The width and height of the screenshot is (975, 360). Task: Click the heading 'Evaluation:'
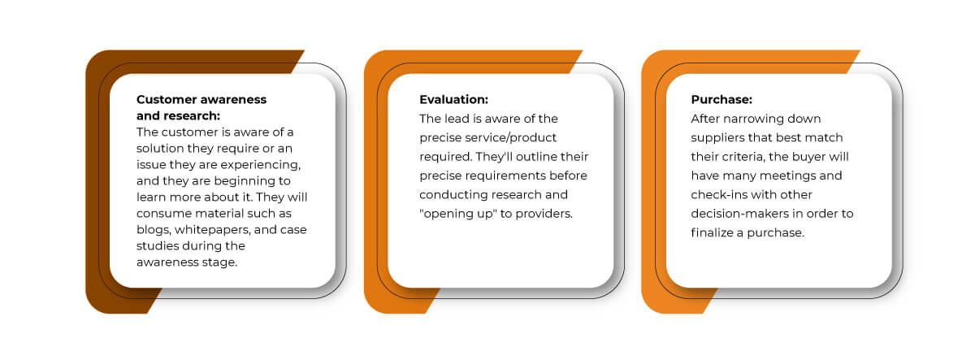pyautogui.click(x=453, y=100)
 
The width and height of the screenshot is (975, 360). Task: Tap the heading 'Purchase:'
pyautogui.click(x=721, y=100)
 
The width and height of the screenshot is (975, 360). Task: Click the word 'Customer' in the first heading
pyautogui.click(x=165, y=99)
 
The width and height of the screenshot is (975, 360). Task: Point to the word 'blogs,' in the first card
pyautogui.click(x=154, y=230)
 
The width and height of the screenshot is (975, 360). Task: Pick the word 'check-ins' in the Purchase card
pyautogui.click(x=719, y=194)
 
